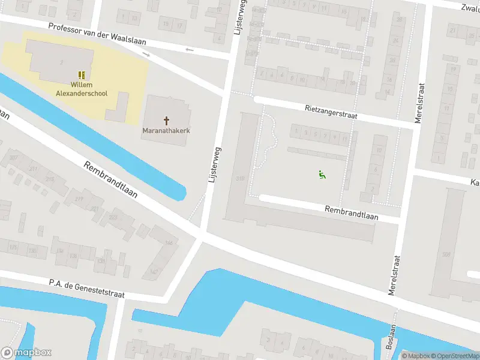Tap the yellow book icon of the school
coord(82,76)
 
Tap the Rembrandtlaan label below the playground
coord(352,212)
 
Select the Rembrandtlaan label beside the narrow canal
coord(110,179)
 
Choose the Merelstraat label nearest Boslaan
coord(394,275)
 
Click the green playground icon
coord(322,175)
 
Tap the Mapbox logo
coord(26,353)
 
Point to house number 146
coord(169,243)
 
